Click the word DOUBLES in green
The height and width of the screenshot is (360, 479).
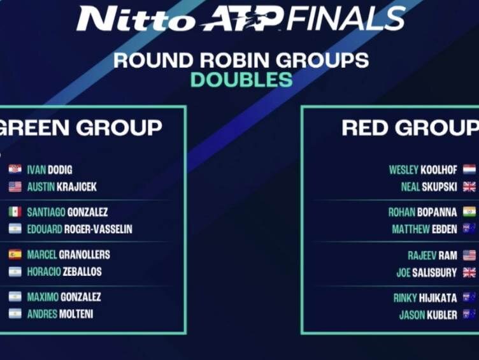pos(241,80)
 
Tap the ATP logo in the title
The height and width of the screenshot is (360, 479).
pos(241,19)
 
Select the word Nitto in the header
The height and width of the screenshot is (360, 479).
pos(136,19)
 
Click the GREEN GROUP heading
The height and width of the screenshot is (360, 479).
pos(80,127)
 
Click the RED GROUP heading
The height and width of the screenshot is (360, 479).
pos(410,127)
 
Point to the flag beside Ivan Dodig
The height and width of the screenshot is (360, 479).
pos(15,169)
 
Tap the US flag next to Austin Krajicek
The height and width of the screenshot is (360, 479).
pos(15,187)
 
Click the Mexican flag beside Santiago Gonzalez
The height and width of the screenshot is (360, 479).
pos(15,212)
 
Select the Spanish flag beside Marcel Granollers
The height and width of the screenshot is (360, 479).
pos(15,254)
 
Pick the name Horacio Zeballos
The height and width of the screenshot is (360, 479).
pos(64,271)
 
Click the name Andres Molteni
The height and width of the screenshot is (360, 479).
pos(60,314)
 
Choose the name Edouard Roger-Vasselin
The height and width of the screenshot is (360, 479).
pos(80,229)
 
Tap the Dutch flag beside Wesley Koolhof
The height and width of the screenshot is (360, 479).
pos(469,169)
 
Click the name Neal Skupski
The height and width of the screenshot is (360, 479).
pos(429,187)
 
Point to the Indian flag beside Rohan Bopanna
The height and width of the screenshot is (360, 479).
pos(469,212)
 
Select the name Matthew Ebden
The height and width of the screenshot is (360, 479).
pos(425,229)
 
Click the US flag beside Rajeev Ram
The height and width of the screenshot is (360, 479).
pos(469,255)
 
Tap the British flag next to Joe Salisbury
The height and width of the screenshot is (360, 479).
pos(469,272)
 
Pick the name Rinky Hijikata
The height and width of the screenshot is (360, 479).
pos(425,298)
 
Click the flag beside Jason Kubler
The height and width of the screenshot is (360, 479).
pos(469,314)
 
